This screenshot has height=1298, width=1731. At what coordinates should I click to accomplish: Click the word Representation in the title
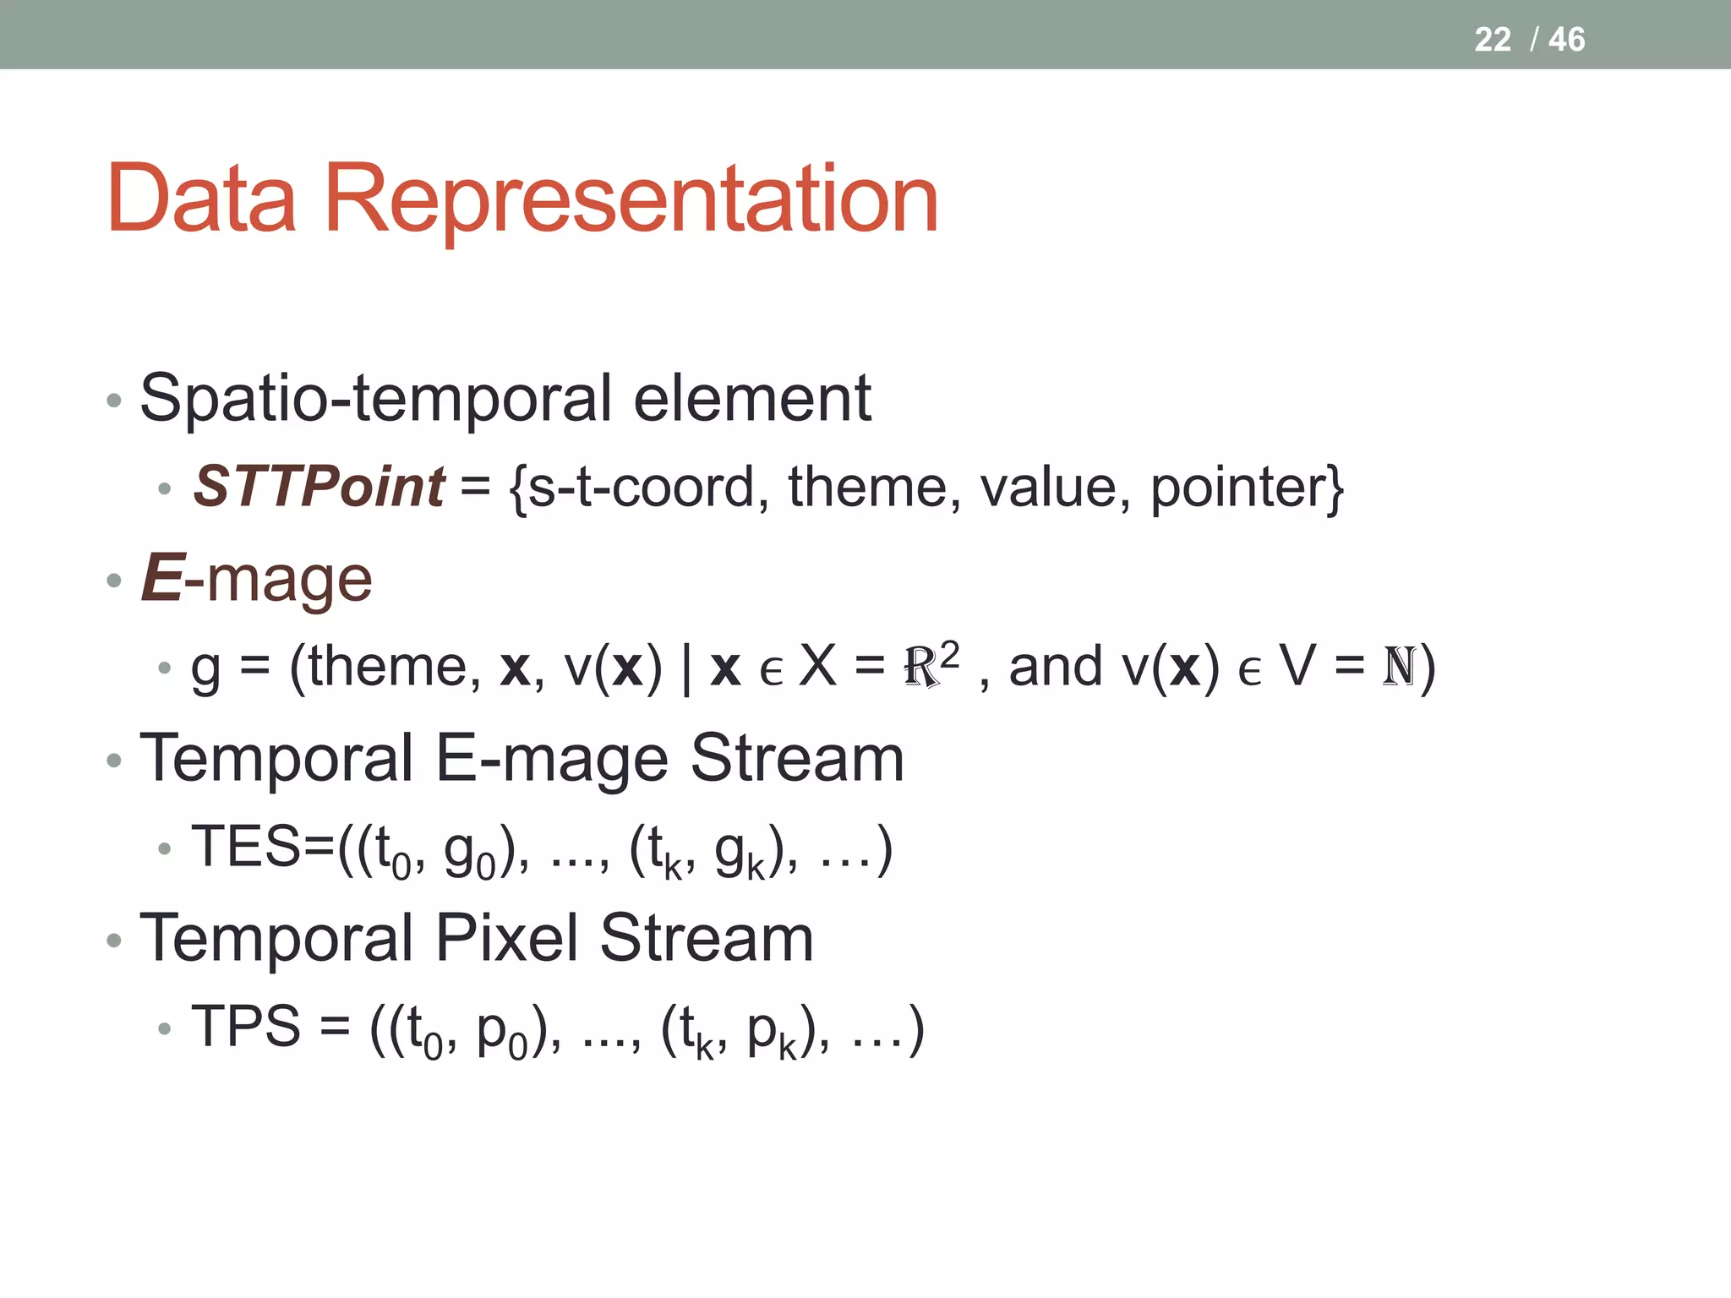631,201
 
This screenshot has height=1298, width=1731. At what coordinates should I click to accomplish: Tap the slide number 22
1492,40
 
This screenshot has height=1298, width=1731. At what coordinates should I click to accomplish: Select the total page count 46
1566,40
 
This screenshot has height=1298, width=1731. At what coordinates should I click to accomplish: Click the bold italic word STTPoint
319,487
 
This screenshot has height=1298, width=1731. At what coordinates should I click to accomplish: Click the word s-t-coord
640,488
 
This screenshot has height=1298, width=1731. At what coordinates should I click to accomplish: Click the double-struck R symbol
921,668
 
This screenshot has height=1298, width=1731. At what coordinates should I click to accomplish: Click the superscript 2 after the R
950,654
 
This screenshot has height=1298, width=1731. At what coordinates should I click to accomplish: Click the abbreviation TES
246,846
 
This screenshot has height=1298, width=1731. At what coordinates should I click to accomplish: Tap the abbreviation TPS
246,1026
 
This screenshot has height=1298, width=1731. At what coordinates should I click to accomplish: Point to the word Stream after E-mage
797,758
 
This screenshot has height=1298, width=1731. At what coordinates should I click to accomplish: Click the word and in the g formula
1056,667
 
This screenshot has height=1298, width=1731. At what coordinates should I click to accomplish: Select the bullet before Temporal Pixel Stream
115,940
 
